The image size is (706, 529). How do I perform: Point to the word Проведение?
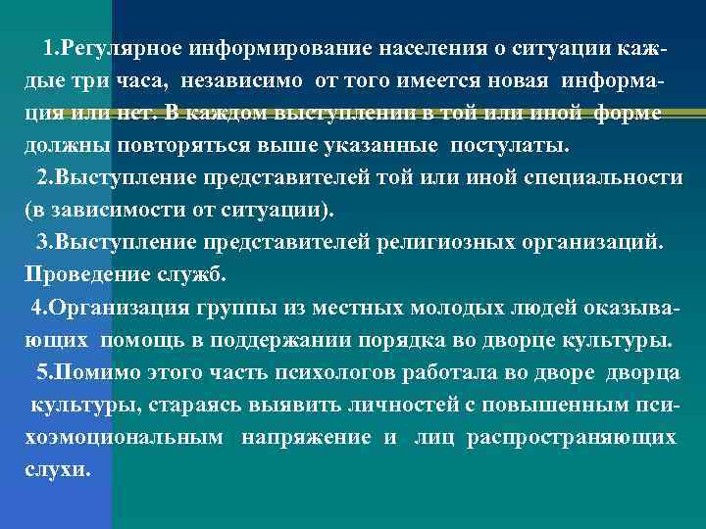[87, 275]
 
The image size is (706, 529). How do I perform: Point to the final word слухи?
[57, 470]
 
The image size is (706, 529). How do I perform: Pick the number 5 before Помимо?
[42, 373]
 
